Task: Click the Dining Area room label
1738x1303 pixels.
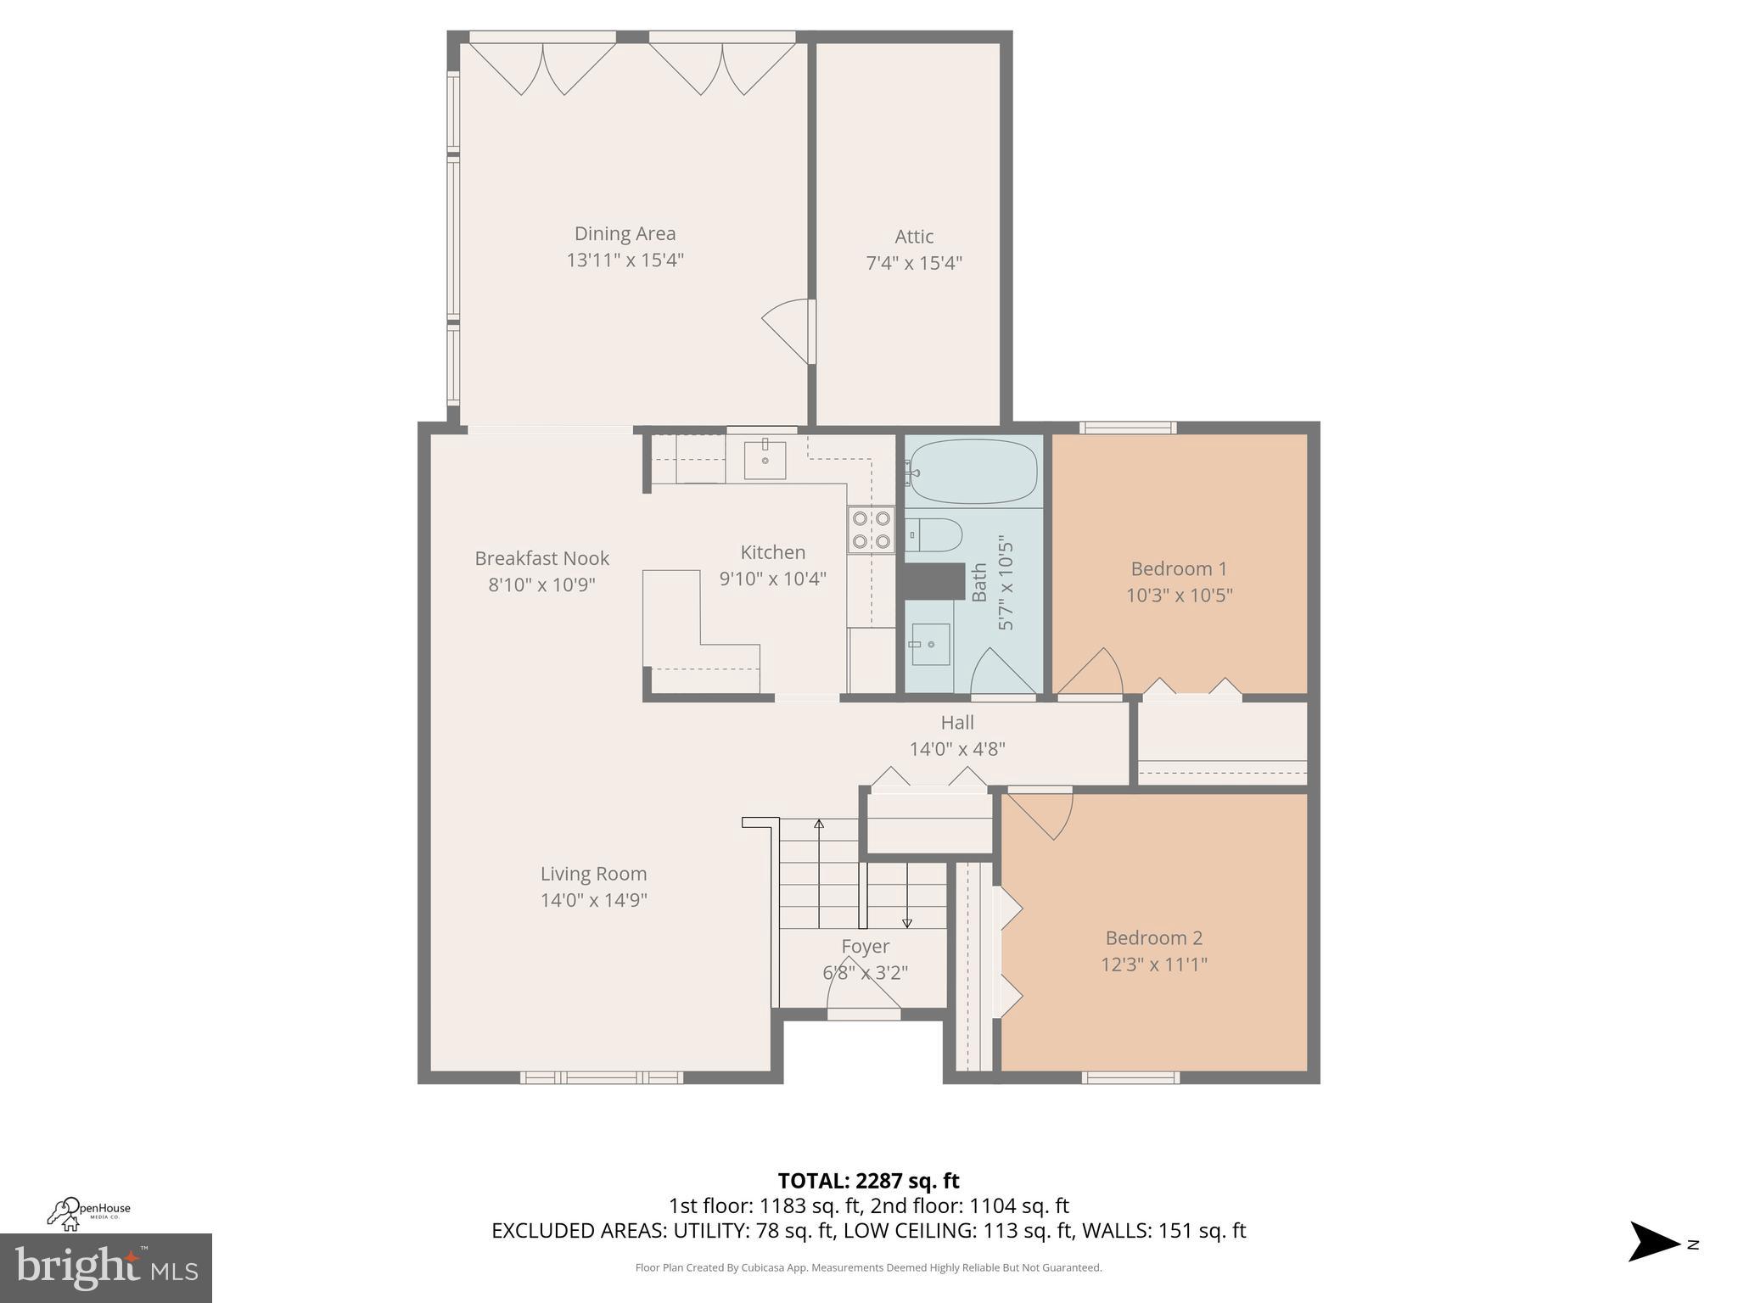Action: click(x=625, y=233)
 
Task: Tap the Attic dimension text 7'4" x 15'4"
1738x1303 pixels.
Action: click(x=913, y=263)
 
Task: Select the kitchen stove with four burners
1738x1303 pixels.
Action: click(x=872, y=529)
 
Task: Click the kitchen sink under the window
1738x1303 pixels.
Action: click(x=765, y=459)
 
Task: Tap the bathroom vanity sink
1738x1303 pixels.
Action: click(x=930, y=644)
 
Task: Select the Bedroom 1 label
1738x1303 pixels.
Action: click(x=1178, y=568)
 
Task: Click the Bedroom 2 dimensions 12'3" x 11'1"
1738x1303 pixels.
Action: click(x=1153, y=964)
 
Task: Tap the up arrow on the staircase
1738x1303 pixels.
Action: click(x=819, y=825)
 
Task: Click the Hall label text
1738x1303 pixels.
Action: click(x=956, y=723)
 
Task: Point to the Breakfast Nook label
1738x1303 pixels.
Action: click(x=541, y=558)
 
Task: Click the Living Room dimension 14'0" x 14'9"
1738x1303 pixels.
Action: click(x=593, y=900)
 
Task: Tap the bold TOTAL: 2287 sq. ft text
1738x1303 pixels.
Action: click(x=868, y=1180)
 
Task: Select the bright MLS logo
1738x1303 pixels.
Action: click(x=105, y=1268)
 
